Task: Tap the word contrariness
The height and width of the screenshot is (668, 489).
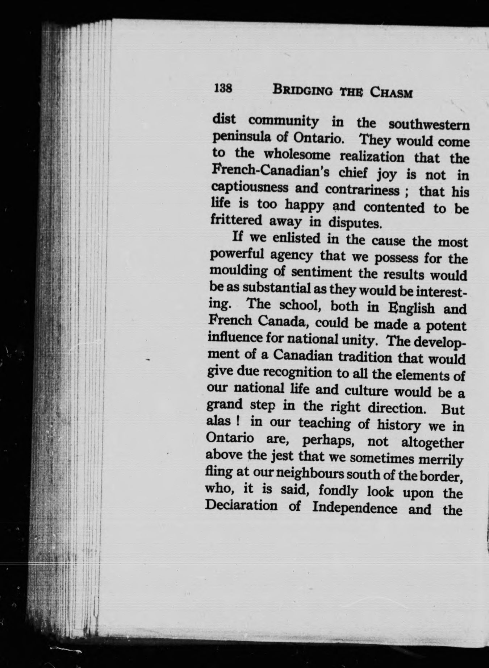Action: [367, 190]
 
